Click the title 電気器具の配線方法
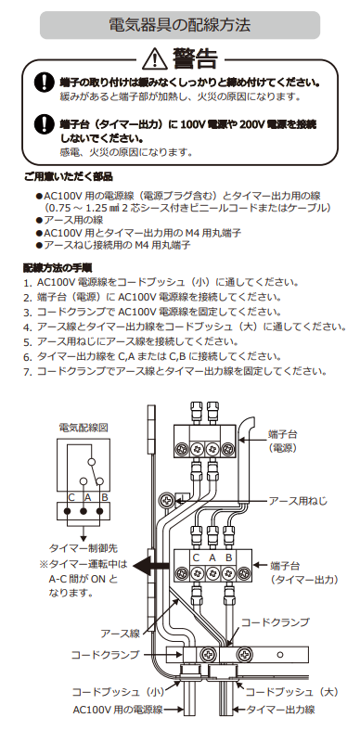point(179,25)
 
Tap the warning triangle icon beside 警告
point(154,59)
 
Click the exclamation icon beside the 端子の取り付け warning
point(44,83)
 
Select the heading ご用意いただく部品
point(69,177)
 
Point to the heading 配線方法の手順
point(58,267)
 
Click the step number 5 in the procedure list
point(28,342)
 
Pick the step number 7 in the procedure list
point(28,372)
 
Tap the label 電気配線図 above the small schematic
point(84,428)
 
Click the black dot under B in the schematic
point(100,511)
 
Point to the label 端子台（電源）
point(283,441)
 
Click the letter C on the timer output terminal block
point(196,557)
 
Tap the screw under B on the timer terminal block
point(228,573)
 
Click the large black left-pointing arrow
point(150,565)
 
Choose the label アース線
point(120,634)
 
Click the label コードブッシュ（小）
point(118,692)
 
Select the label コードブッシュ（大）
point(291,692)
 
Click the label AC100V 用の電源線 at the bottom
point(118,710)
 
